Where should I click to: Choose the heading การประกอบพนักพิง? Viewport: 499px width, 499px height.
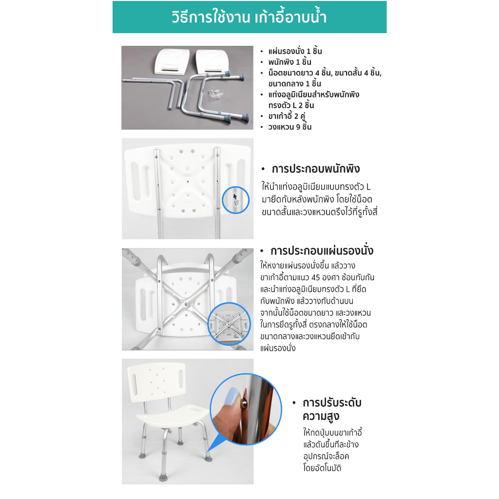316,169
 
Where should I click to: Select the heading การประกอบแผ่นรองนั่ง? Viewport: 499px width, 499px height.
322,251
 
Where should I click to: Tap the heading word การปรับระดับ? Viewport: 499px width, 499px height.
332,403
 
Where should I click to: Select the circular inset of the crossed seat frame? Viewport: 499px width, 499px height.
229,324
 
